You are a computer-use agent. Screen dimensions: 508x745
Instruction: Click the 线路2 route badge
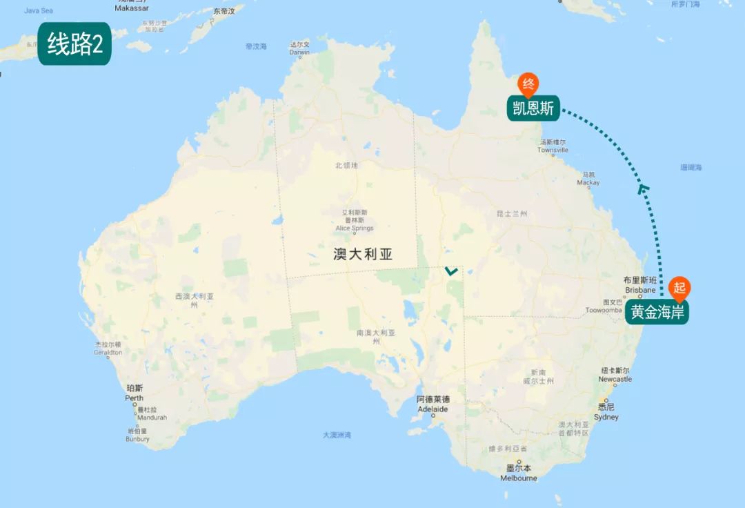(x=74, y=44)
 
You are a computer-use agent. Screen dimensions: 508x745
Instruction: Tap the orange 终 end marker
(x=528, y=85)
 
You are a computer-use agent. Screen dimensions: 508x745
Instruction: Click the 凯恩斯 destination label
(x=533, y=108)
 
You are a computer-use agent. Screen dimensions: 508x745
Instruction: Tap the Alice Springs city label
(x=355, y=228)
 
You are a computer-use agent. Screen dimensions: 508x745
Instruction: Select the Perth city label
(x=135, y=398)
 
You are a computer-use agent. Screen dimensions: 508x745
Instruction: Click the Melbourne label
(x=519, y=478)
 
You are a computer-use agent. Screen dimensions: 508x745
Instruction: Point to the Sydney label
(x=606, y=417)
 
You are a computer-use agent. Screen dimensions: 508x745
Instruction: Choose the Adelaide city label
(x=433, y=409)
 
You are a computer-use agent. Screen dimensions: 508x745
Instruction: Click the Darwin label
(x=299, y=52)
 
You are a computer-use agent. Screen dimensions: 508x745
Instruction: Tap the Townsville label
(x=553, y=150)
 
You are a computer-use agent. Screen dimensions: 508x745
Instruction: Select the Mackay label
(x=589, y=183)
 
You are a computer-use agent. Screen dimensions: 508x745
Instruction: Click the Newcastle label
(x=615, y=379)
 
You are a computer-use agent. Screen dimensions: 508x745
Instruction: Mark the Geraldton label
(x=108, y=352)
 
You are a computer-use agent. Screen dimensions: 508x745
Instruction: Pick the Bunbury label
(x=138, y=438)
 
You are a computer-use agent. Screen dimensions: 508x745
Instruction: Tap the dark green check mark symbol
(x=451, y=271)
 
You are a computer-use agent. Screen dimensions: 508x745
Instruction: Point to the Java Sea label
(x=39, y=11)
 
